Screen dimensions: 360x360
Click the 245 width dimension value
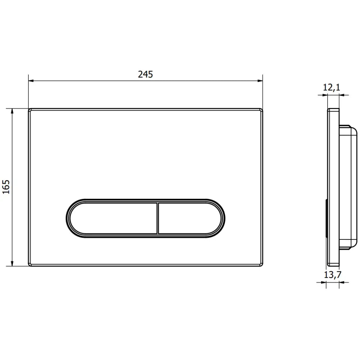[145, 75]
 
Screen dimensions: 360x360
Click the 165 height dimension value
[6, 187]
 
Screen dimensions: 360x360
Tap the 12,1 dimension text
[332, 87]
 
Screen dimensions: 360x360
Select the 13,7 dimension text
[333, 275]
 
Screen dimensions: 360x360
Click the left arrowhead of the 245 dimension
[31, 81]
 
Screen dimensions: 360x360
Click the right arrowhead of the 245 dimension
[260, 81]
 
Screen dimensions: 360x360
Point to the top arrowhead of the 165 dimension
[12, 111]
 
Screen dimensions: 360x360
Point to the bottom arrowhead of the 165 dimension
[12, 264]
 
